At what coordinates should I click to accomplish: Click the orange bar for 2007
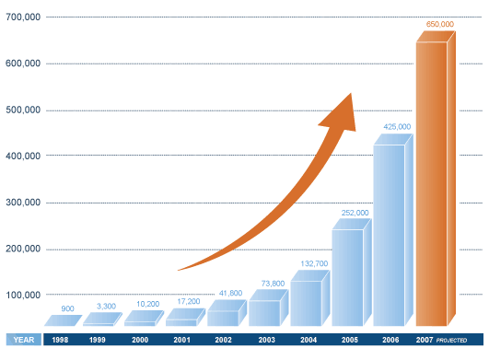(432, 184)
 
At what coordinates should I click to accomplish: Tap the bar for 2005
(347, 276)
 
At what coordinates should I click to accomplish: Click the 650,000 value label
(439, 24)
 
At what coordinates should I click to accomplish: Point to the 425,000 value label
(396, 126)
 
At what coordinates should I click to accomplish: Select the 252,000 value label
(355, 213)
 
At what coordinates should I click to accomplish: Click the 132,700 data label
(313, 263)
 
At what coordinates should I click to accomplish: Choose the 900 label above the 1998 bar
(67, 308)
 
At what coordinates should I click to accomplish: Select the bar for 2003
(264, 312)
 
